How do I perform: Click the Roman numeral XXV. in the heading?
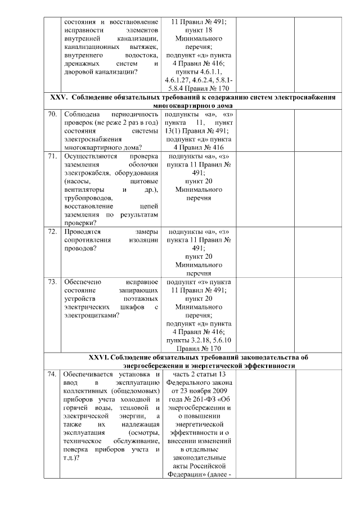tap(59, 97)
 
